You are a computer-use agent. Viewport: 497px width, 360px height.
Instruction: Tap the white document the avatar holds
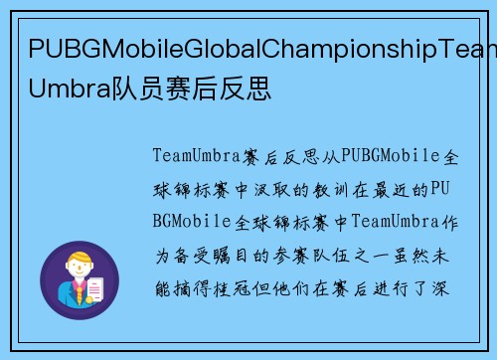pos(97,290)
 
